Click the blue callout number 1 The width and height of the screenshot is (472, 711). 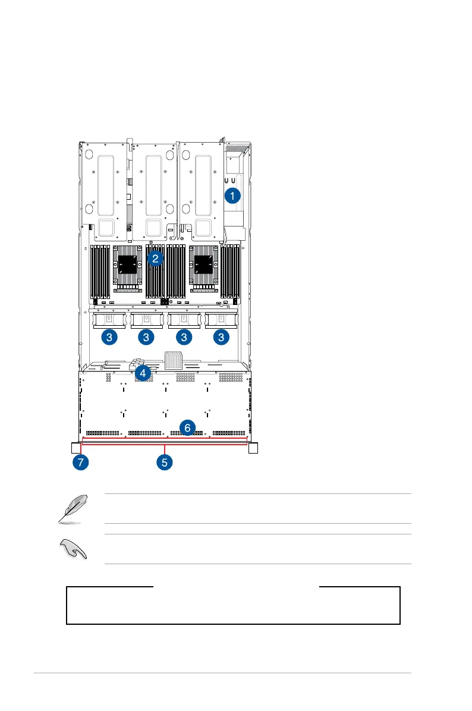(x=232, y=195)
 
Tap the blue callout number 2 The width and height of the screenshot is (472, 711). (x=155, y=258)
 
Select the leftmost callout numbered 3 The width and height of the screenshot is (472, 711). (x=109, y=337)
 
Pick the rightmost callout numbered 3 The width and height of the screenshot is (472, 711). (x=221, y=337)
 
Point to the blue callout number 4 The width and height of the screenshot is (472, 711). (x=143, y=373)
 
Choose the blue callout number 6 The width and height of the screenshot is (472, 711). (x=187, y=427)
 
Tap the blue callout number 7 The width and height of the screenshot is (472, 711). (x=79, y=461)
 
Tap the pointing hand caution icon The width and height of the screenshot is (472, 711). (x=74, y=549)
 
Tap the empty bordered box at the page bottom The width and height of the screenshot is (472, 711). (x=233, y=606)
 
